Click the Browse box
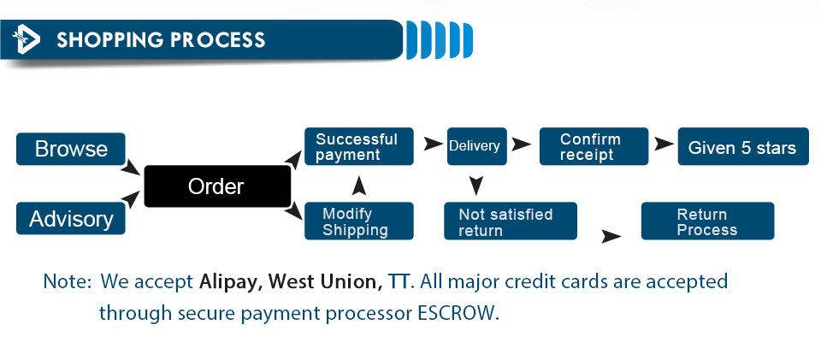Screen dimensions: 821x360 click(x=71, y=149)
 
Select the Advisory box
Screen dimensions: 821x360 click(x=71, y=218)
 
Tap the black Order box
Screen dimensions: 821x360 click(x=217, y=186)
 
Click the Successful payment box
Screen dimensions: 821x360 click(x=358, y=146)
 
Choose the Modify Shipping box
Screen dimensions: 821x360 click(x=358, y=221)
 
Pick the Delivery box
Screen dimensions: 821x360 click(x=476, y=146)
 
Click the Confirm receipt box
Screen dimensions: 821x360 click(x=594, y=146)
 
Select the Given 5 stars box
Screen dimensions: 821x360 click(x=743, y=146)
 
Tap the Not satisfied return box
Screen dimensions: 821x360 click(x=511, y=221)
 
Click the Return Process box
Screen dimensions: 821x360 click(x=707, y=221)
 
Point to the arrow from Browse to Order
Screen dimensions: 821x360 click(x=130, y=168)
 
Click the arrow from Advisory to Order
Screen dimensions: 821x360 click(x=130, y=199)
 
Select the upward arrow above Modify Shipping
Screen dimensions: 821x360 click(x=358, y=186)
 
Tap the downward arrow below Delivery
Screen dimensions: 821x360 click(x=475, y=186)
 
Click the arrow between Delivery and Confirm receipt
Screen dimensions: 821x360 click(x=521, y=145)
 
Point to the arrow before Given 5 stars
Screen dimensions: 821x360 click(x=664, y=145)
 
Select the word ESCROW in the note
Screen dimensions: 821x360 click(x=455, y=313)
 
